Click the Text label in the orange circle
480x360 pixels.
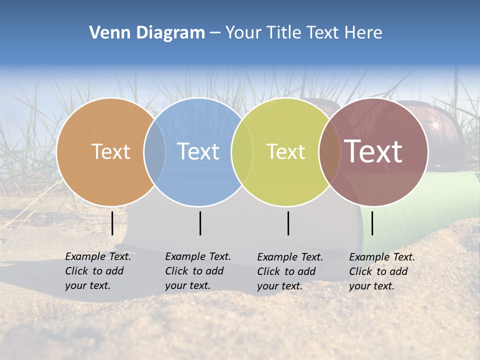pyautogui.click(x=110, y=151)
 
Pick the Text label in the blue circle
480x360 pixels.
pyautogui.click(x=198, y=151)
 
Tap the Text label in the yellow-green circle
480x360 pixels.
pyautogui.click(x=285, y=151)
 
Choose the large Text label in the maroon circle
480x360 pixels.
pyautogui.click(x=373, y=151)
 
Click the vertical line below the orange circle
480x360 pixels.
pyautogui.click(x=112, y=223)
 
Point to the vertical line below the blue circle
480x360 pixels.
pyautogui.click(x=200, y=223)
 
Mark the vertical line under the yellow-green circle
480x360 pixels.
pyautogui.click(x=288, y=223)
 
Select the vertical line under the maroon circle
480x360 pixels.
pyautogui.click(x=372, y=223)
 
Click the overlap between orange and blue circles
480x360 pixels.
pyautogui.click(x=154, y=151)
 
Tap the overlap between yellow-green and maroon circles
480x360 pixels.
pyautogui.click(x=329, y=151)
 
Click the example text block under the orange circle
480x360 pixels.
pyautogui.click(x=97, y=271)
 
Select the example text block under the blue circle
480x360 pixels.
pyautogui.click(x=197, y=271)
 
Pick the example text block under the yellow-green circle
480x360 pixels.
pyautogui.click(x=289, y=271)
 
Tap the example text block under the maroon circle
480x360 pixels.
pyautogui.click(x=381, y=271)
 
